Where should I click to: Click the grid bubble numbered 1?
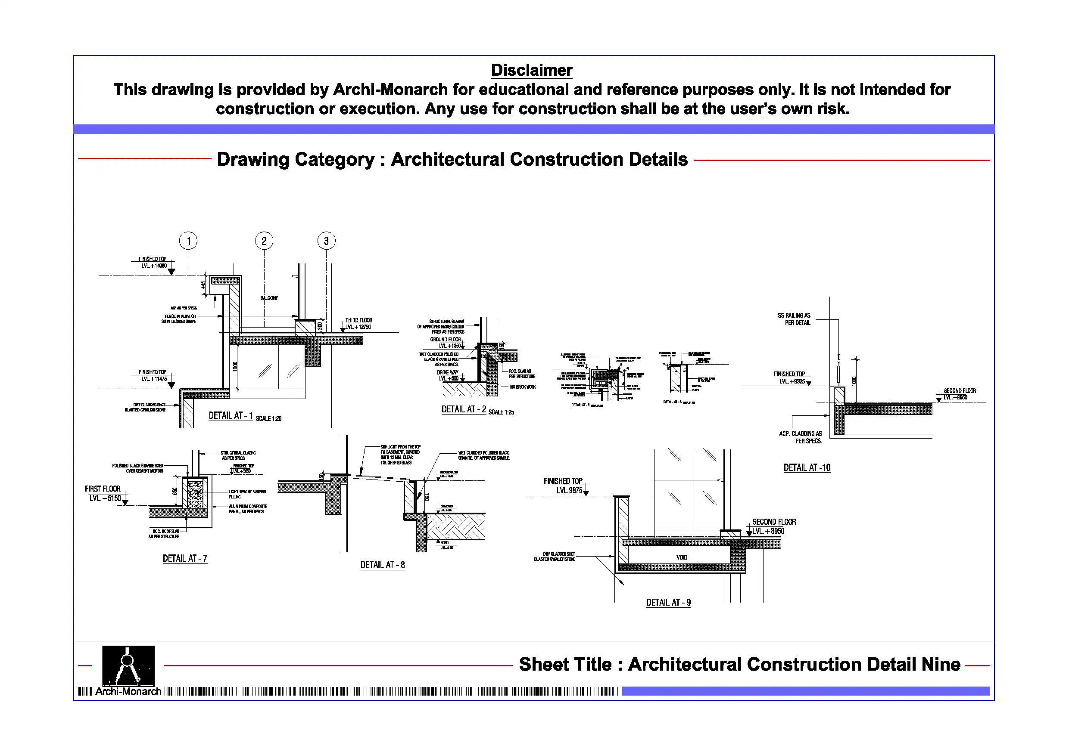(x=188, y=241)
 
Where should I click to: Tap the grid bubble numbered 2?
(x=264, y=241)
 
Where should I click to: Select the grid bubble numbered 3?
(x=326, y=241)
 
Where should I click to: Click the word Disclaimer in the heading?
(x=532, y=70)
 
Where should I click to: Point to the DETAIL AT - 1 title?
(x=231, y=416)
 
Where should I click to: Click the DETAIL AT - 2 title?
(x=464, y=409)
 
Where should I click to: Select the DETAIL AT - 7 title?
(x=185, y=559)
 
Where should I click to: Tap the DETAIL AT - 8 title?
(x=382, y=565)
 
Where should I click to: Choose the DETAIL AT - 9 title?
(x=668, y=603)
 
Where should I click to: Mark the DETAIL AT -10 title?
(x=807, y=468)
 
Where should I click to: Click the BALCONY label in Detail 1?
(x=269, y=298)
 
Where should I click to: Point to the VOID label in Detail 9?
(x=682, y=557)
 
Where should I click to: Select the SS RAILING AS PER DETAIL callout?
(x=794, y=319)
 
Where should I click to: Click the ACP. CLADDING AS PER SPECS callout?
(x=801, y=437)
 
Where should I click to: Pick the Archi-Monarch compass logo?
(x=128, y=666)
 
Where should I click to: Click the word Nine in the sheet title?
(x=940, y=665)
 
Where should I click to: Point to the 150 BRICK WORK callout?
(x=522, y=387)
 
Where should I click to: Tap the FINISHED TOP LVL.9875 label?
(x=563, y=486)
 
